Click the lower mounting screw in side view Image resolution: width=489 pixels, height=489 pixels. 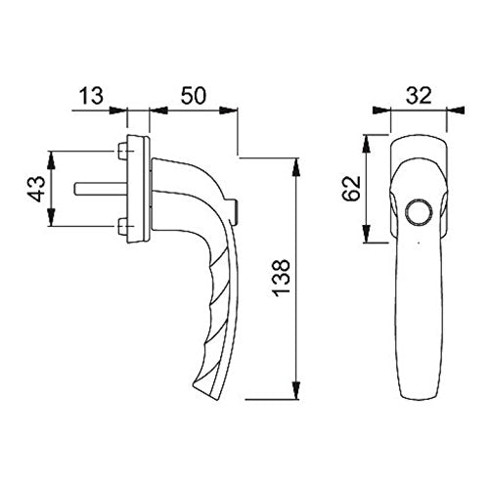[121, 229]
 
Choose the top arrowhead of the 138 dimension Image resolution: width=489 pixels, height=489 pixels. [297, 160]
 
